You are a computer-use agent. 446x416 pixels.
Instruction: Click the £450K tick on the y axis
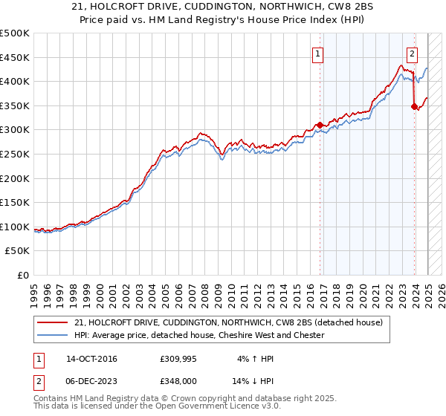coord(15,57)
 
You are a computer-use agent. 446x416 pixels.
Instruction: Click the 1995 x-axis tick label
coord(34,290)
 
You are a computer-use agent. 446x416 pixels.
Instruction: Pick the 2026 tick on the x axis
coord(439,290)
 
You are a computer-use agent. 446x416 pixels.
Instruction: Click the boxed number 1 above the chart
coord(317,53)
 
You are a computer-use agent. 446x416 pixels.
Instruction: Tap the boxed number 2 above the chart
coord(412,53)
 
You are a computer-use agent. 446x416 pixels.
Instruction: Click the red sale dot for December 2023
coord(413,106)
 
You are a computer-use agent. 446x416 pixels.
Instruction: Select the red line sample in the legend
coord(54,322)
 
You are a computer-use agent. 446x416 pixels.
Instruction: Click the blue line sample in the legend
coord(54,335)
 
